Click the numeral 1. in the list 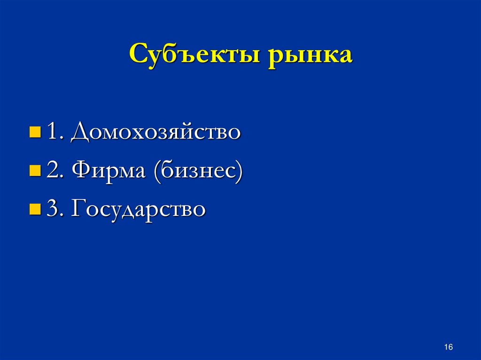[55, 133]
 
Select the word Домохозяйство [156, 133]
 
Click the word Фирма [109, 171]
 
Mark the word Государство [138, 210]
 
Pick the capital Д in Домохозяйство [79, 133]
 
